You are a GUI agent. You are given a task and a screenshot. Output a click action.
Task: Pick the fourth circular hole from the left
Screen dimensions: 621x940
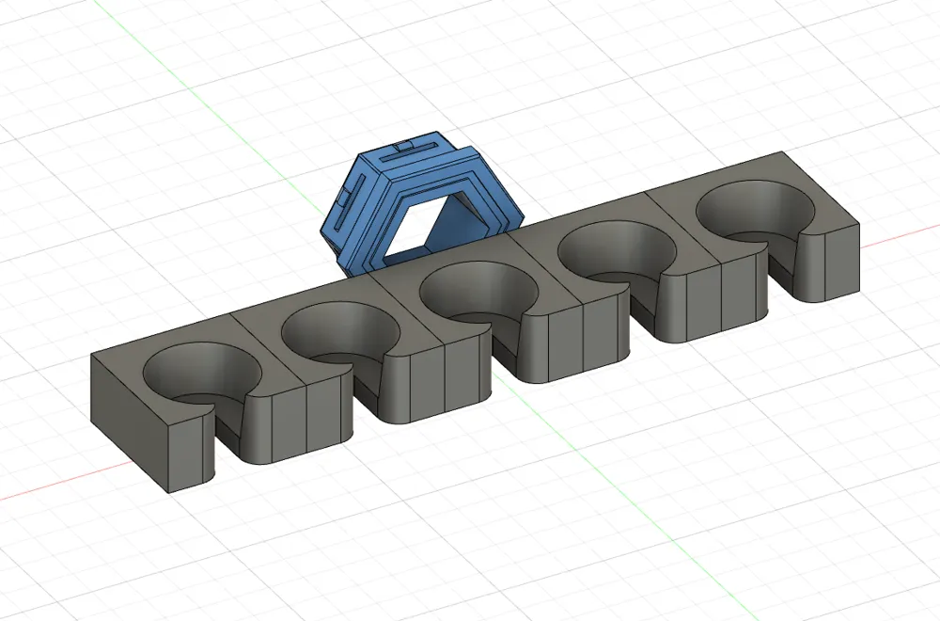click(x=615, y=251)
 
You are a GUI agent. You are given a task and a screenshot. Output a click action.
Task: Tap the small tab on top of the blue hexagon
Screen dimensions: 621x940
click(x=405, y=147)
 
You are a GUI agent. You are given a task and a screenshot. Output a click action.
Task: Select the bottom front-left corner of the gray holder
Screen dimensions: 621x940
click(x=169, y=491)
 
